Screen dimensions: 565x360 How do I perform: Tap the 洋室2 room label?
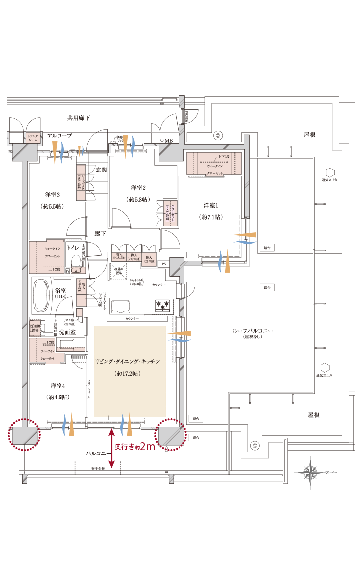tap(138, 188)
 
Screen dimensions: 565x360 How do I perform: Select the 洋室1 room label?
tap(211, 205)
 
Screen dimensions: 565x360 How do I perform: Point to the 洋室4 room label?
tap(58, 385)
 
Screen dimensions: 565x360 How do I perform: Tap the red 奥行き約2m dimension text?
tap(135, 447)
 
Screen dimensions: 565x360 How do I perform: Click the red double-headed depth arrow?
tap(112, 449)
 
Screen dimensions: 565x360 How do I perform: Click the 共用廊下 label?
tap(79, 118)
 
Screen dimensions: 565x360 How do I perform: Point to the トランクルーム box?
tap(33, 138)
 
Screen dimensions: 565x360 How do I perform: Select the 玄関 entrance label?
tap(101, 170)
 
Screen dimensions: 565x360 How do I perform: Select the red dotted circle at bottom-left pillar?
tap(23, 435)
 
